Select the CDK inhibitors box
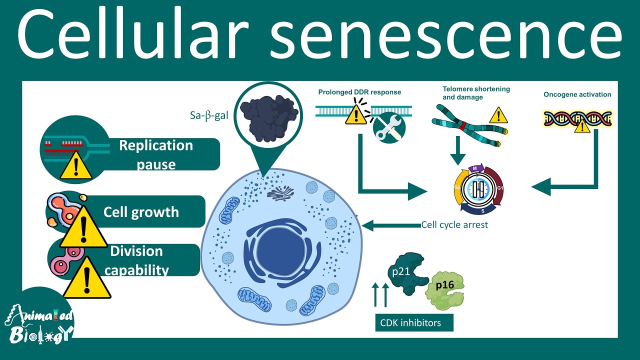click(414, 322)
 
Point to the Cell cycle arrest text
click(454, 225)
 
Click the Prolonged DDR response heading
click(359, 92)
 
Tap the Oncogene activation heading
click(577, 94)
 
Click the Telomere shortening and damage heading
click(476, 93)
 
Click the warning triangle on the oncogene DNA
click(580, 126)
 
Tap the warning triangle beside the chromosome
click(498, 115)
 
